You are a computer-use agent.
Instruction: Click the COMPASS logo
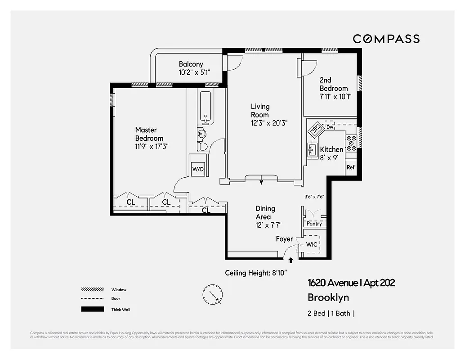click(x=386, y=39)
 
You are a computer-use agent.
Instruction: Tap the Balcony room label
click(x=191, y=64)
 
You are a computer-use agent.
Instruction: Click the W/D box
click(x=198, y=169)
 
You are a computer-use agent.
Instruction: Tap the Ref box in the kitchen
click(x=351, y=167)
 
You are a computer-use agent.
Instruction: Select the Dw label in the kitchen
click(x=330, y=127)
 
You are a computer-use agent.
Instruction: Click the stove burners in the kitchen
click(x=351, y=143)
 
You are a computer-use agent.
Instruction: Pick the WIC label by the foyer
click(x=312, y=244)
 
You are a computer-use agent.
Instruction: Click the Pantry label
click(x=314, y=224)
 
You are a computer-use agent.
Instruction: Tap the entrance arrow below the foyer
click(x=291, y=260)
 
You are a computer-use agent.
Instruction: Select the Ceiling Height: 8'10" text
click(x=256, y=273)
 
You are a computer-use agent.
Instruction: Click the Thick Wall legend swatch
click(x=92, y=309)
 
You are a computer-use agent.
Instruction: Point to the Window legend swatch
click(x=92, y=289)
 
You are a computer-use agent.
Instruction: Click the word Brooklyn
click(x=328, y=297)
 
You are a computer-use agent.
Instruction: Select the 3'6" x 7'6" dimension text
click(x=314, y=197)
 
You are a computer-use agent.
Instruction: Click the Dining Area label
click(x=265, y=212)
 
